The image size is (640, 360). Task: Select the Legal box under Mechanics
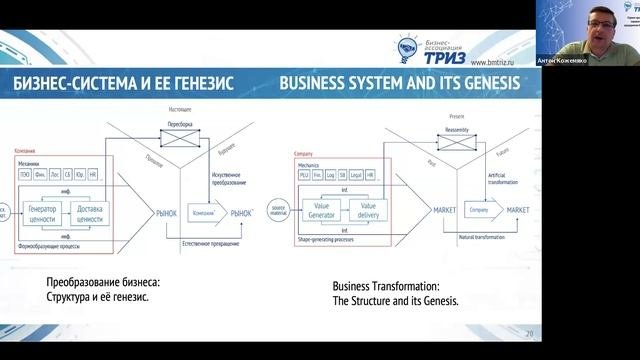click(355, 175)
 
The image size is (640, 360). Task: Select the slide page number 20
click(530, 333)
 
